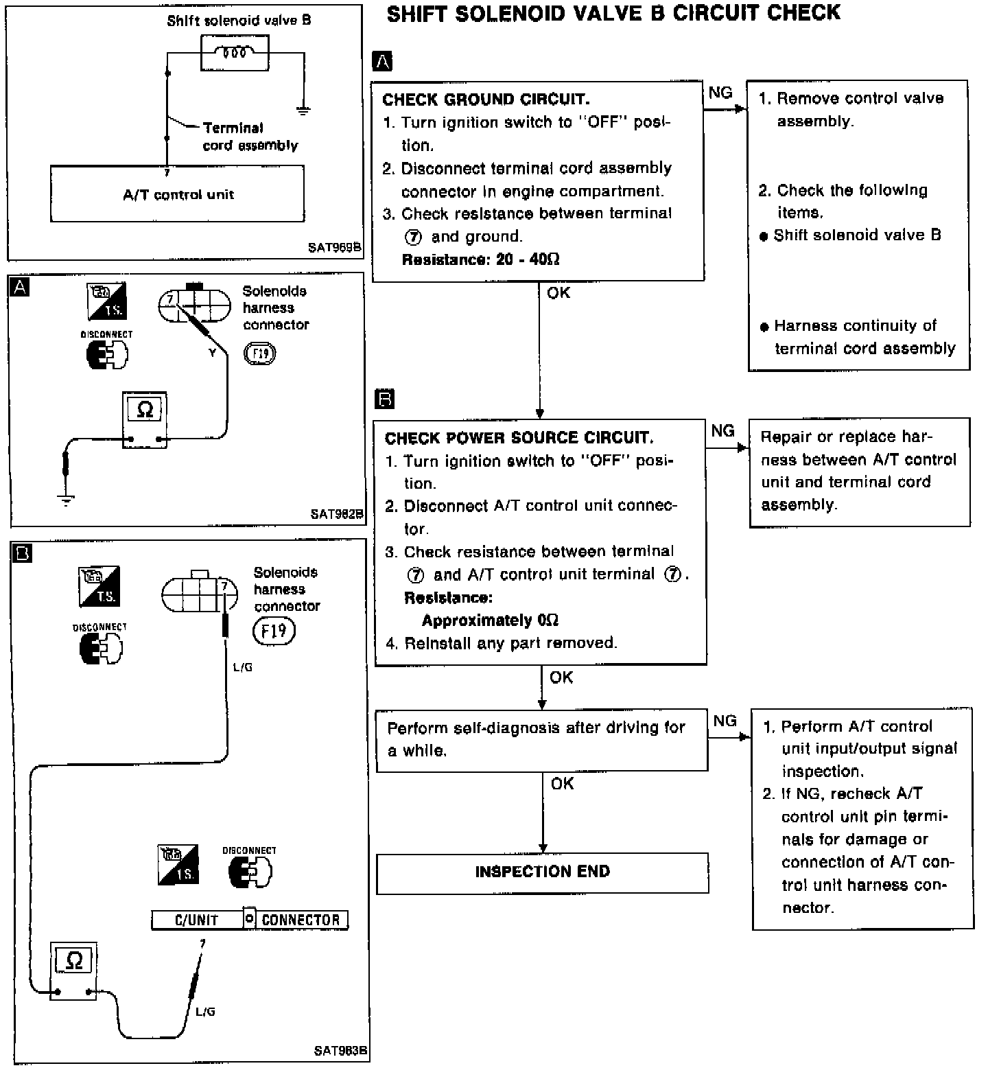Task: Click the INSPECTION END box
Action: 542,872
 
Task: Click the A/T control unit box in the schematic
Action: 178,194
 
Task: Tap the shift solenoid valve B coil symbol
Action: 235,52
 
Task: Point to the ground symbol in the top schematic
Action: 302,110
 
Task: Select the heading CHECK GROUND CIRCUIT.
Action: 485,100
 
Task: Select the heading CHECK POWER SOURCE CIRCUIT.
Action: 519,438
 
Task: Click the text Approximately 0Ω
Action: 490,620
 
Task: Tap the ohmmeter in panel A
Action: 145,419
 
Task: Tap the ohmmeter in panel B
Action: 73,970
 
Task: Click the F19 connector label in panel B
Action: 274,630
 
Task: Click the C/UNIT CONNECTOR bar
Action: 250,920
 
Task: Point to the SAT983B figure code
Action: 340,1050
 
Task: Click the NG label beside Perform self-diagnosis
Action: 725,721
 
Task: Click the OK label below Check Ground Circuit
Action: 558,293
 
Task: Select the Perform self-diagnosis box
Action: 541,740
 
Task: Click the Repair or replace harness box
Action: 859,472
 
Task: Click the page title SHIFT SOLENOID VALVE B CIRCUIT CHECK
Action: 613,13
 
